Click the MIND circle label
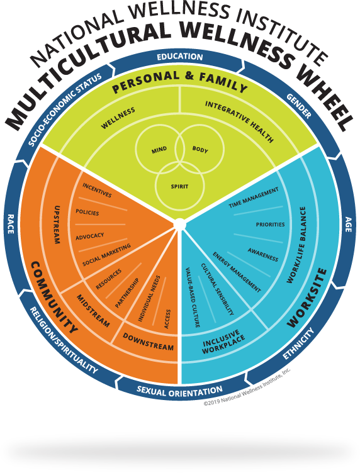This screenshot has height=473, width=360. pyautogui.click(x=159, y=150)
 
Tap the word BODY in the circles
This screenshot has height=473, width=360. pyautogui.click(x=200, y=150)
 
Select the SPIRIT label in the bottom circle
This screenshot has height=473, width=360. pyautogui.click(x=179, y=186)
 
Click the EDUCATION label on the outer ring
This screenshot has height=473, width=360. pyautogui.click(x=180, y=57)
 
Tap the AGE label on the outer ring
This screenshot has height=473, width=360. pyautogui.click(x=347, y=223)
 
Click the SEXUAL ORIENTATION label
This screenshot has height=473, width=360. pyautogui.click(x=179, y=391)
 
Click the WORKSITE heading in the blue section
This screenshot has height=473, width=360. pyautogui.click(x=307, y=298)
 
